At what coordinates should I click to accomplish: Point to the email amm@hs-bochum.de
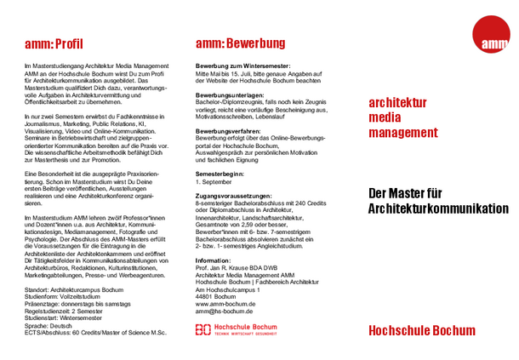(x=225, y=312)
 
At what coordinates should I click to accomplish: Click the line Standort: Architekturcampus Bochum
(x=74, y=291)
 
